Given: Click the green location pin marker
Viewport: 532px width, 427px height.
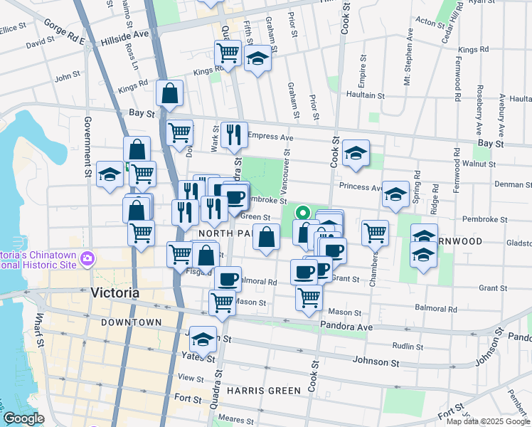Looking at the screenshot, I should click(302, 212).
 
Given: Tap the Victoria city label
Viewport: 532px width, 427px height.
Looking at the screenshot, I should click(115, 293).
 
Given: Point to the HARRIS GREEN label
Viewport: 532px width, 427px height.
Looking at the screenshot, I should click(255, 391).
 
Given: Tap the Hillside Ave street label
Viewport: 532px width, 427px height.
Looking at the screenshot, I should click(125, 33).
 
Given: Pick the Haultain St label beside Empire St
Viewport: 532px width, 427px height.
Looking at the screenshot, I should click(365, 95).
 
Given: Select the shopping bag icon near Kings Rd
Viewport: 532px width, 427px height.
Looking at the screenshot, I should click(170, 93).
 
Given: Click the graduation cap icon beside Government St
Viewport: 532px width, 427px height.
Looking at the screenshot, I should click(110, 174).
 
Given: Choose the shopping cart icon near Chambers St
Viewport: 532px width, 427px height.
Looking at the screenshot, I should click(374, 231).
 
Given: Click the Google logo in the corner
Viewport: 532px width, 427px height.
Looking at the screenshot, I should click(23, 418).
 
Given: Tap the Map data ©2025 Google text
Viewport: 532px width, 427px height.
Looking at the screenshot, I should click(487, 421).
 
